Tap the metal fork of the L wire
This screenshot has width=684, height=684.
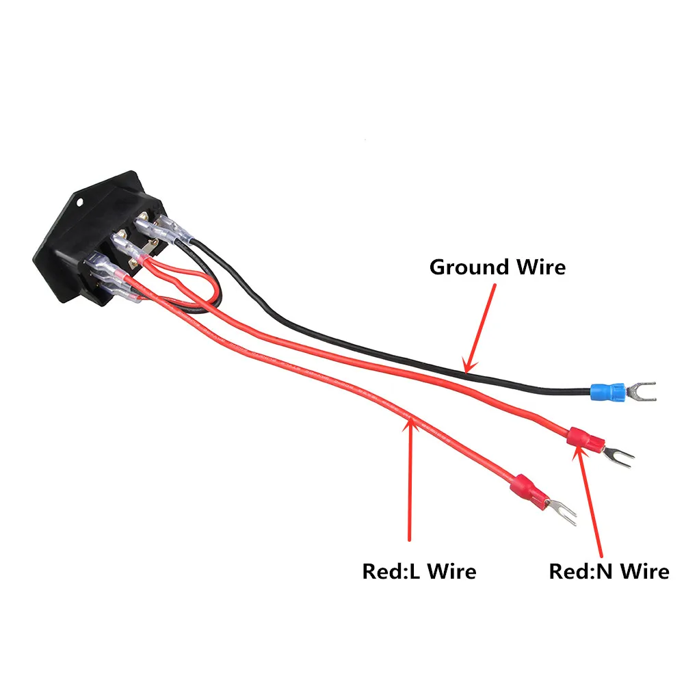point(563,512)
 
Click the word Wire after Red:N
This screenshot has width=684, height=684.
point(643,571)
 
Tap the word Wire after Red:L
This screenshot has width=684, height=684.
point(449,571)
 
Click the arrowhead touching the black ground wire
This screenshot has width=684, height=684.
point(467,366)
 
